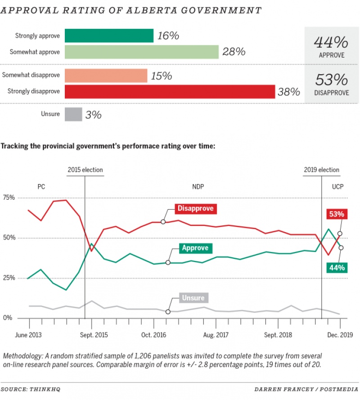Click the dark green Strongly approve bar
(109, 36)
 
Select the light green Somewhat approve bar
(141, 52)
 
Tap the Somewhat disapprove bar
(106, 76)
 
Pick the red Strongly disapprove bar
(170, 91)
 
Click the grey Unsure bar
(73, 114)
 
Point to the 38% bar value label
(289, 92)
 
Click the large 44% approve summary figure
(331, 43)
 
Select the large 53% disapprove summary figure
(331, 80)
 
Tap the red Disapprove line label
(195, 209)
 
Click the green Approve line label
(195, 248)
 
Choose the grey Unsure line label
(193, 298)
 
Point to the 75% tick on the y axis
(9, 198)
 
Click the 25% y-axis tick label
(9, 278)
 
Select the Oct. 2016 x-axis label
(154, 335)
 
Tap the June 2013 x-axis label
(29, 335)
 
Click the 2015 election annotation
(85, 170)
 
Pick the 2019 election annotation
(321, 170)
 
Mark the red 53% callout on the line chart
(336, 215)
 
